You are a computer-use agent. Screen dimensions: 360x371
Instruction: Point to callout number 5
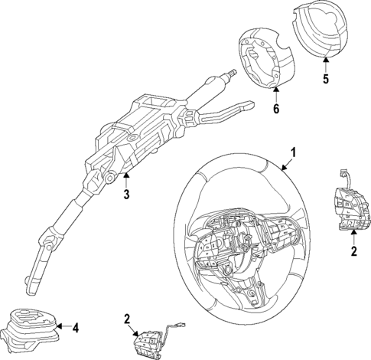[325, 77]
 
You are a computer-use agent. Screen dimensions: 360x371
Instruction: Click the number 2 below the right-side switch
[354, 250]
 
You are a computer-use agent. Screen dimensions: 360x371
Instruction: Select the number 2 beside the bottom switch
[128, 318]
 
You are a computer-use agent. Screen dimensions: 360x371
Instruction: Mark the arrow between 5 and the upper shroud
[325, 65]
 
